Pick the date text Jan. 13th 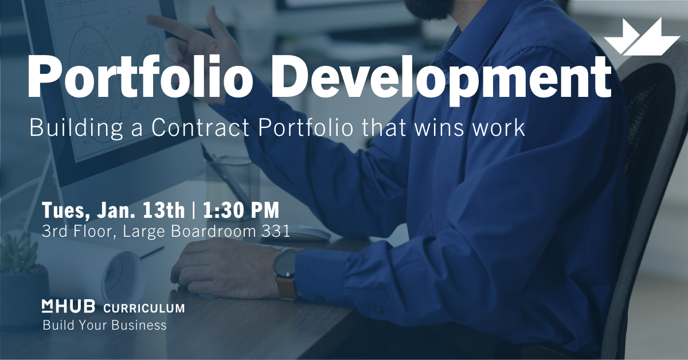coord(137,211)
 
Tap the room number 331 coord(277,232)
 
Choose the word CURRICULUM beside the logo coord(144,308)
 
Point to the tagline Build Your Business coord(104,326)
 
